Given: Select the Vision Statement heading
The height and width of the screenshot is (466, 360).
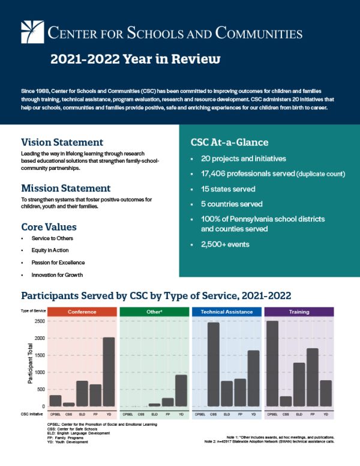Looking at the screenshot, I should pyautogui.click(x=62, y=142).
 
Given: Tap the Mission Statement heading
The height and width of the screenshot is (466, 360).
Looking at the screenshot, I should pyautogui.click(x=66, y=188).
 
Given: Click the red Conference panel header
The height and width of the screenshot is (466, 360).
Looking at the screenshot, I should pyautogui.click(x=82, y=312).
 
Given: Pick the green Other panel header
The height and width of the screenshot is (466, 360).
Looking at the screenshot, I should pyautogui.click(x=154, y=312).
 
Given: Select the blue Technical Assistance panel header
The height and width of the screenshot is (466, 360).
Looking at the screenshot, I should pyautogui.click(x=226, y=312).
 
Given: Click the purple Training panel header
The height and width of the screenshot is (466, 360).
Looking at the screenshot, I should pyautogui.click(x=299, y=312).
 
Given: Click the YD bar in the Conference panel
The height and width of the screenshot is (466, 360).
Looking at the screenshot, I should pyautogui.click(x=109, y=372).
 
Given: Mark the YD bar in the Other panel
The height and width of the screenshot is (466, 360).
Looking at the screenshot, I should pyautogui.click(x=181, y=390).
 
